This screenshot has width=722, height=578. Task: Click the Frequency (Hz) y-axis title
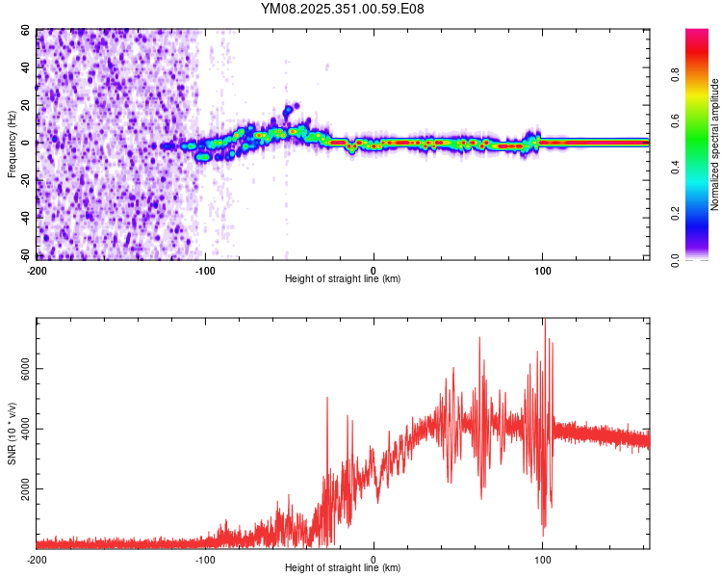coord(13,144)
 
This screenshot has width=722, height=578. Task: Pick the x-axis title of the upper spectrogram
coord(343,278)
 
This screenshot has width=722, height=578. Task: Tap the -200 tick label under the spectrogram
coord(37,269)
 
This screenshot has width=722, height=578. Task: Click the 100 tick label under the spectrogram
coord(542,269)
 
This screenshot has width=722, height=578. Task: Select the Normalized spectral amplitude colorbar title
coord(715,144)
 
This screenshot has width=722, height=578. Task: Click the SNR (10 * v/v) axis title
coord(13,433)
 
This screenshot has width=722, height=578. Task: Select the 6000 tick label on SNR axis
coord(20,369)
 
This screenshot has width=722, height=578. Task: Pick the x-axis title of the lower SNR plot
coord(343,568)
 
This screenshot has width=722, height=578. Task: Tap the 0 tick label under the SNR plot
coord(374,559)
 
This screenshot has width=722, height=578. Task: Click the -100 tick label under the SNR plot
coord(205,559)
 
